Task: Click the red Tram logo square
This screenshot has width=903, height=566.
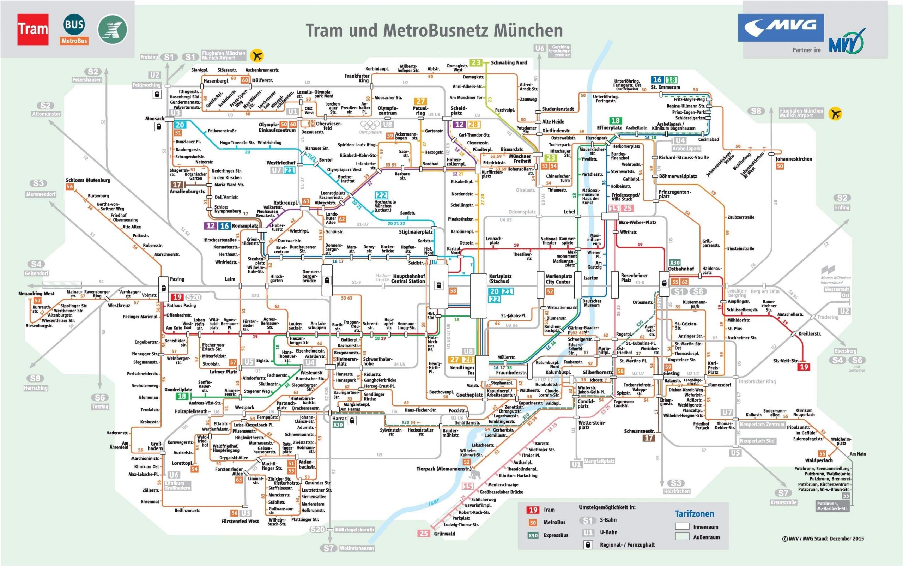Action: tap(33, 29)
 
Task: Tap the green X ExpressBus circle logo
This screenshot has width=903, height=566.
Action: tap(112, 30)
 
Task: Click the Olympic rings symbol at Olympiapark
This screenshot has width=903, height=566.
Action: tap(370, 125)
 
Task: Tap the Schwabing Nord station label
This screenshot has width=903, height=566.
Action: tap(509, 62)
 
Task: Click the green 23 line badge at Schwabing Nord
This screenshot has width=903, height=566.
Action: tap(475, 62)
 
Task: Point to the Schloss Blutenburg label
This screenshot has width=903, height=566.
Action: tap(88, 180)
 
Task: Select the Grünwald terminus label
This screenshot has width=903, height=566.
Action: tap(444, 534)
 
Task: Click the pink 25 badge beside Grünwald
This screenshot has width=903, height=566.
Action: tap(424, 534)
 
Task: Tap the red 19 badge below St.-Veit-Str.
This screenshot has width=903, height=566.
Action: tap(804, 367)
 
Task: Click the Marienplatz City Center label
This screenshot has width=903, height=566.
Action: tap(558, 279)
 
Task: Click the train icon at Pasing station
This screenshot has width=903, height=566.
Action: tap(164, 288)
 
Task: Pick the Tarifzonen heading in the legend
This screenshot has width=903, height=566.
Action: tap(694, 513)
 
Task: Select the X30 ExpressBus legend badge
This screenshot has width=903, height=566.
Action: tap(533, 535)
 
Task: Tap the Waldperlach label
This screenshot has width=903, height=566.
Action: tap(819, 460)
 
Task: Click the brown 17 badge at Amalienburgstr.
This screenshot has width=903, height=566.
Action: tap(177, 185)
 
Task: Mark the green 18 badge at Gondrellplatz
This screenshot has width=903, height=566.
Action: tap(182, 396)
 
